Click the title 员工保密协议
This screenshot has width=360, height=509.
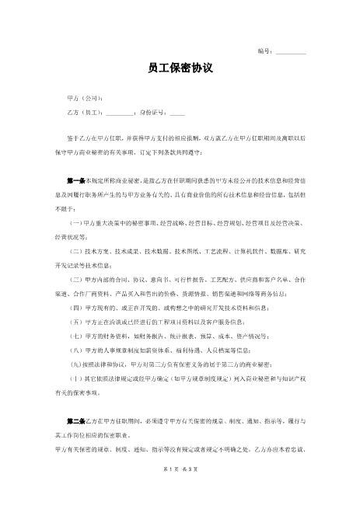click(180, 69)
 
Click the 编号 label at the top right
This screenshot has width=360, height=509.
click(264, 51)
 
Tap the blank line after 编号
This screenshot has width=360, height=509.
click(291, 52)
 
